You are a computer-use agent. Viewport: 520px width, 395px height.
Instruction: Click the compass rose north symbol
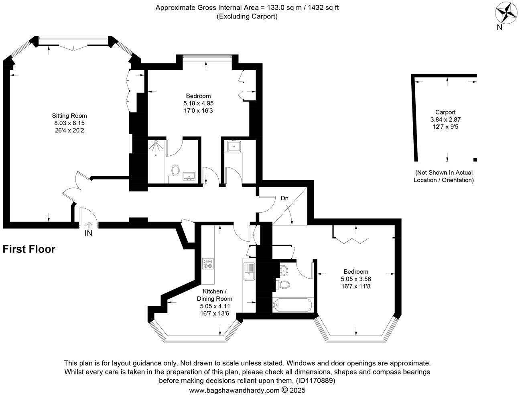pos(507,13)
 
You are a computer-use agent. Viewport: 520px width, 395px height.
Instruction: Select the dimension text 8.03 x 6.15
pos(69,123)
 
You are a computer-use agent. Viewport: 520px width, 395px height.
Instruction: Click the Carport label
pos(445,112)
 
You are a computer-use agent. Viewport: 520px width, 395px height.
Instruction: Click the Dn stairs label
pos(284,198)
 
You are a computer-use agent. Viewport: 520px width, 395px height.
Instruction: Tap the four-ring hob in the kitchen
pos(208,264)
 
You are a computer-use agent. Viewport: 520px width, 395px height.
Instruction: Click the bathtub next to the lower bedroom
pos(292,305)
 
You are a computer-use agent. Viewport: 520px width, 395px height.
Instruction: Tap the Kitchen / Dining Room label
pos(214,295)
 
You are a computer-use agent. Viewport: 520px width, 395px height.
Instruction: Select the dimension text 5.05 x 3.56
pos(356,279)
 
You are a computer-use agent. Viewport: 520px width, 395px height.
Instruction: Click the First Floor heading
pos(29,249)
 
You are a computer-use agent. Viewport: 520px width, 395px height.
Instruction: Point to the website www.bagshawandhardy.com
pos(234,390)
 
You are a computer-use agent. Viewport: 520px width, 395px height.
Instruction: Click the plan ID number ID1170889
pos(315,381)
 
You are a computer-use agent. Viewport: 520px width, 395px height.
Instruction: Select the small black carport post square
pos(475,160)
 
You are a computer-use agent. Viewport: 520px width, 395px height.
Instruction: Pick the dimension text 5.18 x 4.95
pos(198,103)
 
